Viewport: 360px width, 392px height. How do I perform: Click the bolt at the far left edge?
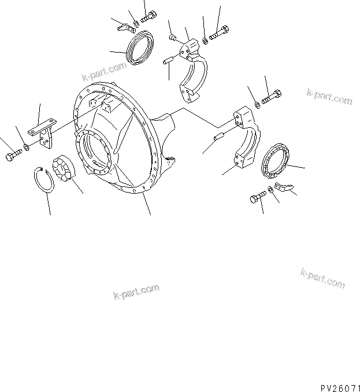coord(13,156)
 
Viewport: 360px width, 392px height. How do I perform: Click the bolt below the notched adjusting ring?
coord(256,198)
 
